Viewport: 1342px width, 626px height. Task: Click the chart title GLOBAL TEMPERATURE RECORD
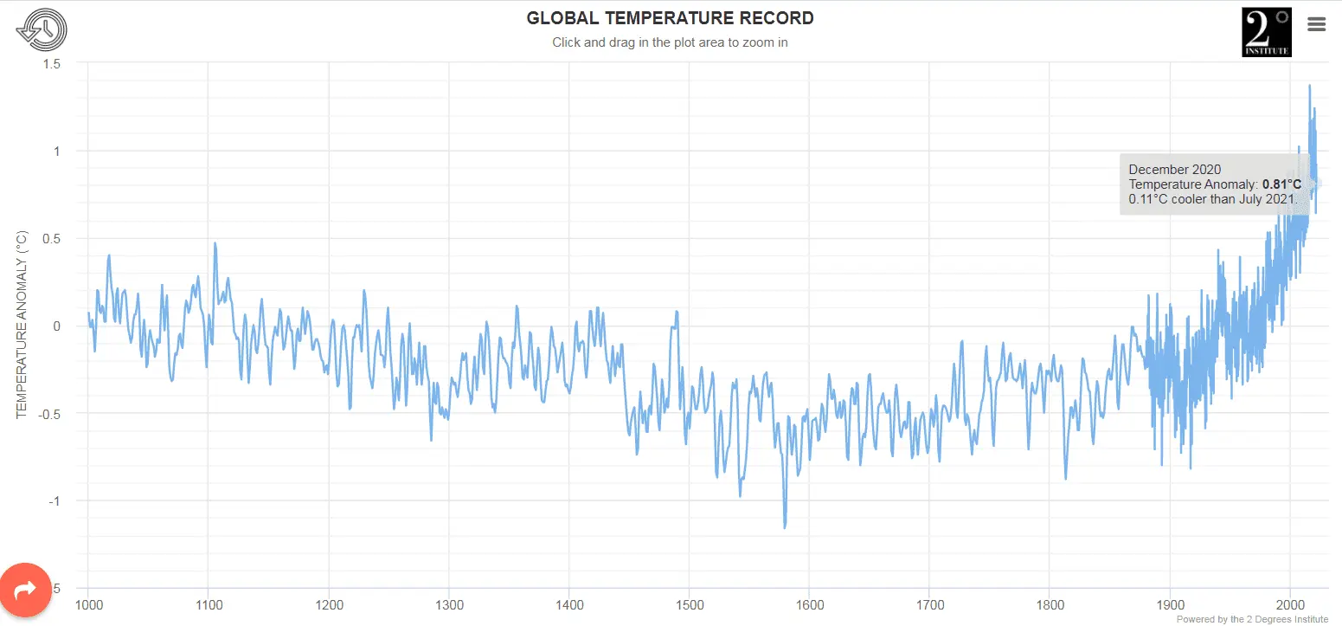point(670,18)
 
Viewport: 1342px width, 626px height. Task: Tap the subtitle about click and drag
point(670,42)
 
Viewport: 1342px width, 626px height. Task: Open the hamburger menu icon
point(1316,24)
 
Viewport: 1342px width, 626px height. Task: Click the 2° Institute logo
point(1266,33)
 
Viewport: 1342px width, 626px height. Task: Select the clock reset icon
point(41,30)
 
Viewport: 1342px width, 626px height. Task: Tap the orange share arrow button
point(26,590)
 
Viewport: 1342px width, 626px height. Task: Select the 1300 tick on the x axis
point(448,603)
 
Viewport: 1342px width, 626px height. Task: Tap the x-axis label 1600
point(809,603)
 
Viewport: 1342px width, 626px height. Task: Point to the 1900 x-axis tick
point(1170,603)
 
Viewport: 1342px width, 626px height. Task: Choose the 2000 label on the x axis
point(1290,603)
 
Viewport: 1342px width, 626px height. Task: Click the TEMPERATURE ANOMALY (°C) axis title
point(23,325)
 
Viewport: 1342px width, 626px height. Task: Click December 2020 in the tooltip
point(1174,170)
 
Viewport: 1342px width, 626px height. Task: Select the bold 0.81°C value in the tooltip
point(1281,184)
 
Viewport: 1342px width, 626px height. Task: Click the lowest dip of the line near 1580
point(785,526)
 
